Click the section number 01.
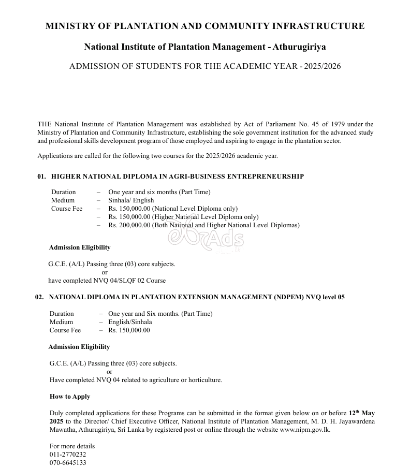[x=42, y=177]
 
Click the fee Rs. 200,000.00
[x=129, y=225]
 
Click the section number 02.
[x=40, y=297]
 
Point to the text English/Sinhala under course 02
[x=130, y=322]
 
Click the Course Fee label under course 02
[x=65, y=330]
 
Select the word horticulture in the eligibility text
[x=204, y=380]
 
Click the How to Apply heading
[x=70, y=397]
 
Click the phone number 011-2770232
[x=68, y=455]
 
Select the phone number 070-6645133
[x=68, y=463]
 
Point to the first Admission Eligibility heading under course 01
[x=80, y=247]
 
